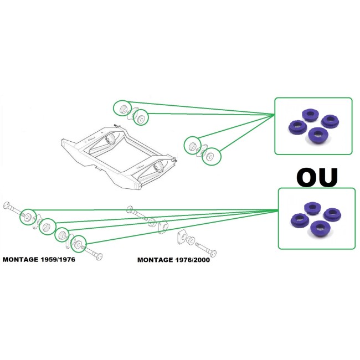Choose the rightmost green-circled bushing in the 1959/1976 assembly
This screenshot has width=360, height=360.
click(x=79, y=243)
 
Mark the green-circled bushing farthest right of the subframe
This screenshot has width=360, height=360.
click(x=210, y=156)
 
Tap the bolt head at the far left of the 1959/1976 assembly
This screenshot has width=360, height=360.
click(x=6, y=205)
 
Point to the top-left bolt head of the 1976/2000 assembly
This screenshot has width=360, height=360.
click(x=130, y=209)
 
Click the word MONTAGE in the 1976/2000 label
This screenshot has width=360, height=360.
click(x=156, y=259)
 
